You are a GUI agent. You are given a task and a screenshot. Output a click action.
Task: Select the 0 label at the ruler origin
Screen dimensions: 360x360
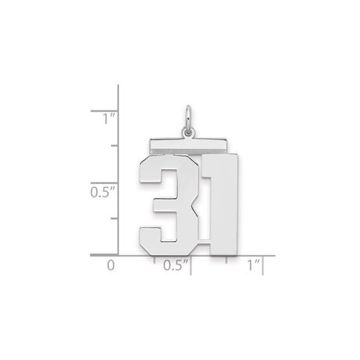pyautogui.click(x=110, y=265)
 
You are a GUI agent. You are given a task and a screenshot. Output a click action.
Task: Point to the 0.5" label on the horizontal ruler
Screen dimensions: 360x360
pyautogui.click(x=177, y=265)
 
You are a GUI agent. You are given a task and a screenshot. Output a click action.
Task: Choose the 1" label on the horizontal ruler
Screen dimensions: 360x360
pyautogui.click(x=252, y=265)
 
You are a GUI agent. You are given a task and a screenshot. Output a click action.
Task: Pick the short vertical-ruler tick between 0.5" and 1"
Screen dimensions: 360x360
pyautogui.click(x=114, y=146)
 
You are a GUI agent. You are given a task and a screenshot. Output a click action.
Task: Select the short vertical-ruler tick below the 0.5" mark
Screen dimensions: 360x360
pyautogui.click(x=114, y=218)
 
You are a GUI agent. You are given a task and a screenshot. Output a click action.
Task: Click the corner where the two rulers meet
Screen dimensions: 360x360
pyautogui.click(x=118, y=255)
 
